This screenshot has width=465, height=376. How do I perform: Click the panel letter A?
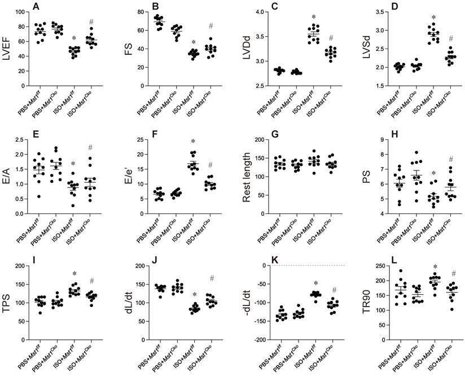(x=36, y=7)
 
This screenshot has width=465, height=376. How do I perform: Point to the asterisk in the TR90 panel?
(x=433, y=268)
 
